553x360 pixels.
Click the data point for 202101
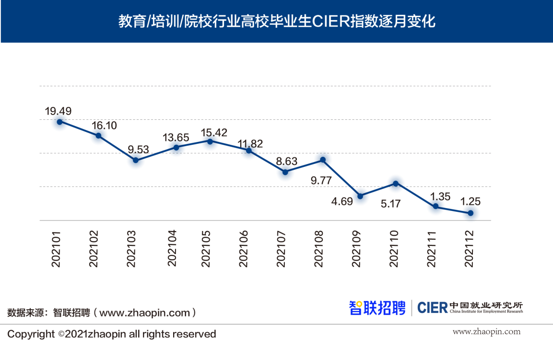(59, 122)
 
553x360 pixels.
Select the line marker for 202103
(136, 160)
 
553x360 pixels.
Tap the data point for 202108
(323, 160)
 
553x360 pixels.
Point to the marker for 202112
(471, 213)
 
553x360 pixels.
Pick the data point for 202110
(396, 184)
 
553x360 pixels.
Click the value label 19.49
(58, 111)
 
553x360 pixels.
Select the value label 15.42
(214, 132)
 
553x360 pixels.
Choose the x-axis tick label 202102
(94, 248)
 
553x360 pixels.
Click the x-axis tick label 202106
(244, 248)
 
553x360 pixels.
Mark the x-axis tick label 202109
(356, 248)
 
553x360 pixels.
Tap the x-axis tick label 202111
(432, 248)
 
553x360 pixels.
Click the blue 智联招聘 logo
(377, 307)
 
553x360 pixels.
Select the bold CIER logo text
(432, 307)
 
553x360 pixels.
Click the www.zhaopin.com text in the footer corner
(486, 332)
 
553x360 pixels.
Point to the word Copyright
(31, 334)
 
